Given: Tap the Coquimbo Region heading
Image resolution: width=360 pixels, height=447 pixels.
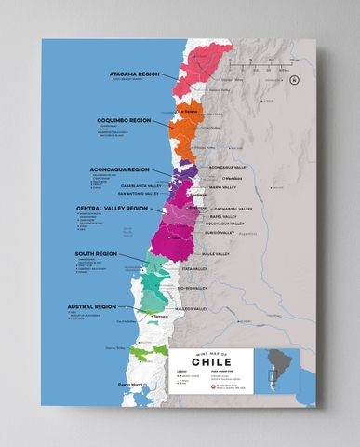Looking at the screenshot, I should pyautogui.click(x=124, y=120).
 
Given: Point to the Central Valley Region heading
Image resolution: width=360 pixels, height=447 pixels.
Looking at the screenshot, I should pyautogui.click(x=112, y=208).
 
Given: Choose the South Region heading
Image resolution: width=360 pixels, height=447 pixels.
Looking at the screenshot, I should pyautogui.click(x=97, y=253).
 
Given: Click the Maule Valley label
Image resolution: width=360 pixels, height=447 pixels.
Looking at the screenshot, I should pyautogui.click(x=215, y=252).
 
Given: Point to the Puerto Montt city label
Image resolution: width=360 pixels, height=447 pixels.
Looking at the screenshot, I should pyautogui.click(x=130, y=384).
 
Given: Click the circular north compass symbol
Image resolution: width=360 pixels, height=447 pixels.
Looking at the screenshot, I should pyautogui.click(x=294, y=80).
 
